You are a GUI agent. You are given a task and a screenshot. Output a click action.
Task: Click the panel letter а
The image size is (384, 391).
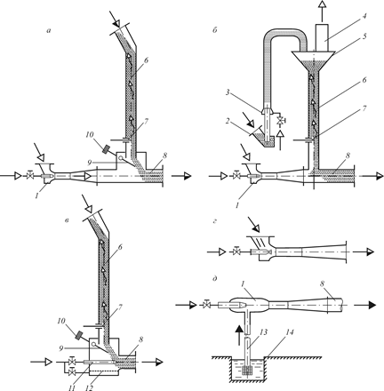click(x=49, y=30)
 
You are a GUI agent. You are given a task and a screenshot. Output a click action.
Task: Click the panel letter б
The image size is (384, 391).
click(x=215, y=30)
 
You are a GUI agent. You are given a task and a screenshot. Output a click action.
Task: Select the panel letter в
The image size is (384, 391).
click(x=68, y=220)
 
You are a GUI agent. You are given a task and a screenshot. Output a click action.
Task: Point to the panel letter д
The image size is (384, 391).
click(x=215, y=279)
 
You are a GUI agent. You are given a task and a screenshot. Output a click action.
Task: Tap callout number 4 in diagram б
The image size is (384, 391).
click(x=364, y=16)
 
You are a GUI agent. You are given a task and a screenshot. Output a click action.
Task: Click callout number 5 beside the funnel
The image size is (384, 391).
click(x=364, y=36)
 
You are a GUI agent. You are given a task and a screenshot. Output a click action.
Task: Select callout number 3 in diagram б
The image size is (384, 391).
click(x=228, y=92)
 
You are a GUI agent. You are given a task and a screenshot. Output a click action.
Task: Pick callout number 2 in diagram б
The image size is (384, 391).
click(x=227, y=123)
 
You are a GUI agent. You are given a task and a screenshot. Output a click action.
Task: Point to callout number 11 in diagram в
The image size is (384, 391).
click(x=71, y=387)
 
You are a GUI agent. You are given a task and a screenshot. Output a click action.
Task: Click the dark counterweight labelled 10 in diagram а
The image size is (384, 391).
click(x=106, y=149)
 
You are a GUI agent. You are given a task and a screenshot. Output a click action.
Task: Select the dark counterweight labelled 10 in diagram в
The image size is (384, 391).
click(x=79, y=336)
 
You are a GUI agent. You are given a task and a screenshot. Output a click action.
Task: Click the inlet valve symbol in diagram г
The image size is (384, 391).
click(x=236, y=252)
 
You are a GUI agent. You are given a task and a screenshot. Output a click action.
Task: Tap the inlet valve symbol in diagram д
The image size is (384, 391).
click(x=206, y=304)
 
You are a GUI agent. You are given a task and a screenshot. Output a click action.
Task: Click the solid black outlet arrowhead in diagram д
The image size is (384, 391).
click(x=372, y=305)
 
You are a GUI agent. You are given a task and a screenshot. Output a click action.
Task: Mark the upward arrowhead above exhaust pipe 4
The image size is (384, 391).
click(x=321, y=4)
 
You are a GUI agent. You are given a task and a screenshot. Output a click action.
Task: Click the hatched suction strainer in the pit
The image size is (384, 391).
click(x=247, y=370)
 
